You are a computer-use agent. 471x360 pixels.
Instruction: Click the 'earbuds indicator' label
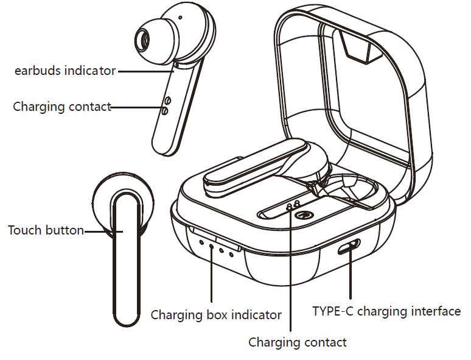pos(65,71)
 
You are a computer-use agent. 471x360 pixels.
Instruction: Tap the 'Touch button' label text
pos(46,230)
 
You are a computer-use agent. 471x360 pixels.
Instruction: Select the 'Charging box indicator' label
pos(216,315)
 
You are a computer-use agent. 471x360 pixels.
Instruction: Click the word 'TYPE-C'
pos(332,311)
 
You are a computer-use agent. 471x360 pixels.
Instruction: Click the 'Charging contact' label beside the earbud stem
pos(62,107)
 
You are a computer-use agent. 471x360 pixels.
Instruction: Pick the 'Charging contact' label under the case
pos(298,342)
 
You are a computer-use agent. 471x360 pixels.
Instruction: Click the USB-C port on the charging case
pos(350,247)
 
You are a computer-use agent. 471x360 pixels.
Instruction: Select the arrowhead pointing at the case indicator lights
pos(211,250)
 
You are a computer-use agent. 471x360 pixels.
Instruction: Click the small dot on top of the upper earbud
pos(180,18)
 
